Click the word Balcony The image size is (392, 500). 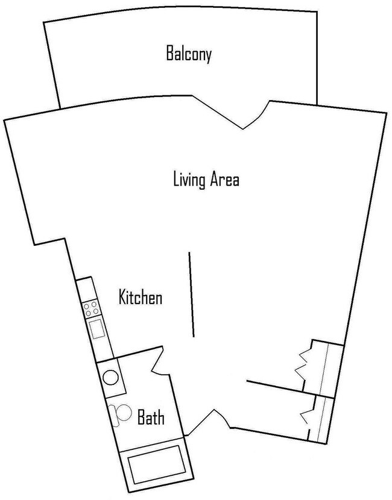(x=189, y=55)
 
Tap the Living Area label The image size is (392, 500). (x=206, y=180)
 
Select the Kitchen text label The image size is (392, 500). (x=141, y=298)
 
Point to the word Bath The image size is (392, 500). (x=150, y=417)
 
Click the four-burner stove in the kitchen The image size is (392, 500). (x=92, y=310)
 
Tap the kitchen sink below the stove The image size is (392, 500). (x=97, y=330)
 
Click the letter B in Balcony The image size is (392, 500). (x=169, y=55)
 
